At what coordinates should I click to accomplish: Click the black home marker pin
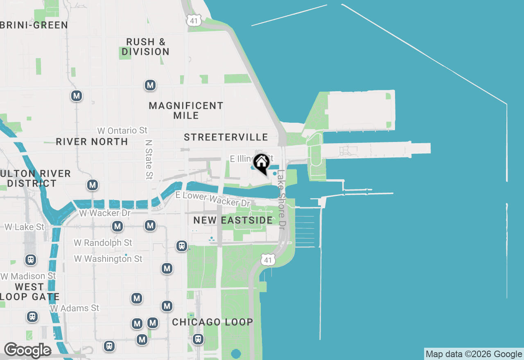point(261,162)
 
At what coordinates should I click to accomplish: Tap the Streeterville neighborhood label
point(226,137)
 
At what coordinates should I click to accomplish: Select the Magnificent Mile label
point(186,110)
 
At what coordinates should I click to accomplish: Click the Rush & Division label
point(145,47)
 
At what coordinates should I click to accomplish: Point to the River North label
point(92,142)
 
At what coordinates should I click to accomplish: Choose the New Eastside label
point(233,220)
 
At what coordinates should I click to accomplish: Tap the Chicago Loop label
point(212,322)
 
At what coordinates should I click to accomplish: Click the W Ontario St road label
point(122,130)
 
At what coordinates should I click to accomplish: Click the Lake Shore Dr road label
point(281,200)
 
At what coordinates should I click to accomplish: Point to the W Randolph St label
point(103,243)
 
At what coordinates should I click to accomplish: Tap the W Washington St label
point(108,259)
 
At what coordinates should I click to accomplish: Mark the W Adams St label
point(75,308)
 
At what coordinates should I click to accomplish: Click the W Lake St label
point(24,227)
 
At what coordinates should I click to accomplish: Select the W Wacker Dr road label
point(105,213)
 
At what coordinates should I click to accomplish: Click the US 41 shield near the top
point(193,20)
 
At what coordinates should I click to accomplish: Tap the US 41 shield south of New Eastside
point(267,260)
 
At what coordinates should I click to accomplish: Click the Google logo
point(27,350)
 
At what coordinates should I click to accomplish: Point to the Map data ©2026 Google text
point(474,354)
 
